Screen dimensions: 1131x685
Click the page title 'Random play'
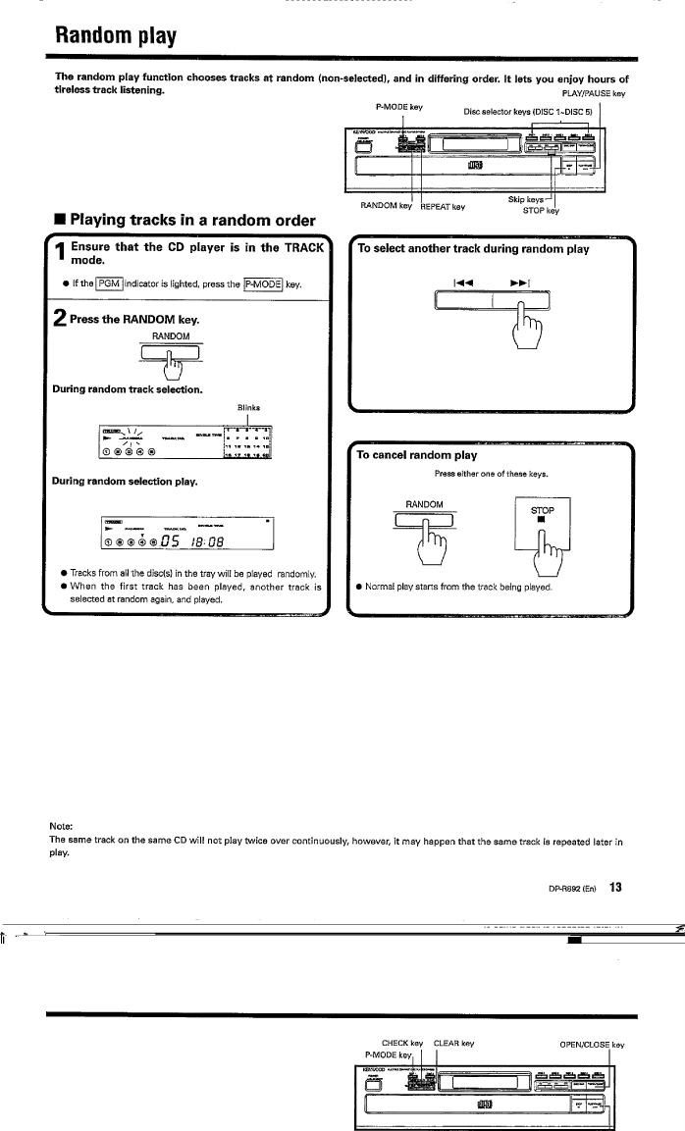point(115,36)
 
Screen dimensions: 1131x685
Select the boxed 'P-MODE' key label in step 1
point(263,284)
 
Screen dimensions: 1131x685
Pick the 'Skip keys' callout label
point(528,199)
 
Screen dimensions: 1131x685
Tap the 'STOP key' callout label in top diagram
point(540,209)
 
